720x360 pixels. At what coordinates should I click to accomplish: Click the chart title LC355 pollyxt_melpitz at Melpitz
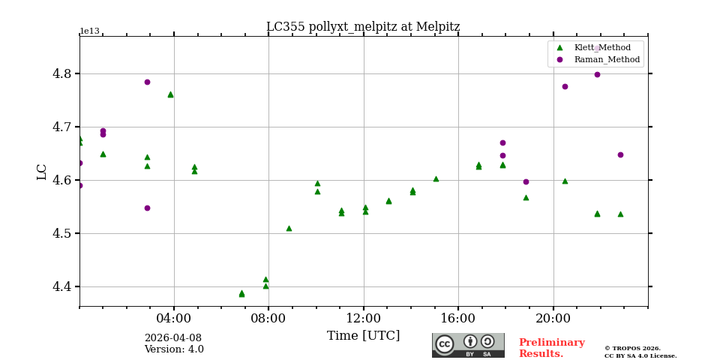click(x=363, y=27)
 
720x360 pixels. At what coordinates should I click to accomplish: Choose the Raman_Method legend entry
click(x=607, y=59)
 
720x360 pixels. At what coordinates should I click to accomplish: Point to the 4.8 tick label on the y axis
click(x=61, y=74)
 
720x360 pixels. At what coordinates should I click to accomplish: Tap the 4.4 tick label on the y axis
click(x=61, y=286)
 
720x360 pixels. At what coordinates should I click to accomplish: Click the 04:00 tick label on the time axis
click(x=174, y=318)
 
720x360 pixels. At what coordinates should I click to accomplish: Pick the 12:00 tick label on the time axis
click(x=364, y=318)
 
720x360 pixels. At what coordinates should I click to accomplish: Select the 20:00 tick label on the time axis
click(x=553, y=318)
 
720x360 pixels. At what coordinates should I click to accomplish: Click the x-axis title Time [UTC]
click(x=363, y=336)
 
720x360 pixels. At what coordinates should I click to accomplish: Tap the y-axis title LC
click(x=42, y=172)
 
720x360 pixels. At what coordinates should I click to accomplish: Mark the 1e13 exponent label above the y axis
click(x=89, y=31)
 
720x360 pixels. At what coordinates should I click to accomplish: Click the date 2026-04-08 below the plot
click(x=172, y=338)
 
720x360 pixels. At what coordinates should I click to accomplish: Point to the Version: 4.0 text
click(x=174, y=349)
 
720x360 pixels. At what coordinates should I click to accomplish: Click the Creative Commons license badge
click(x=468, y=345)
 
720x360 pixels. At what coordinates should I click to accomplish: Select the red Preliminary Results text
click(x=551, y=348)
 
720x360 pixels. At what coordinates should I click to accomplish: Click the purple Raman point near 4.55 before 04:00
click(x=147, y=208)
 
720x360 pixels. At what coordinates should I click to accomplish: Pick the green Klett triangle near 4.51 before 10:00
click(x=289, y=228)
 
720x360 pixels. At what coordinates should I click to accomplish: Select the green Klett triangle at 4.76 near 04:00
click(x=170, y=94)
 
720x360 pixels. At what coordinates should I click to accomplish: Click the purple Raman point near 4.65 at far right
click(x=620, y=154)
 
